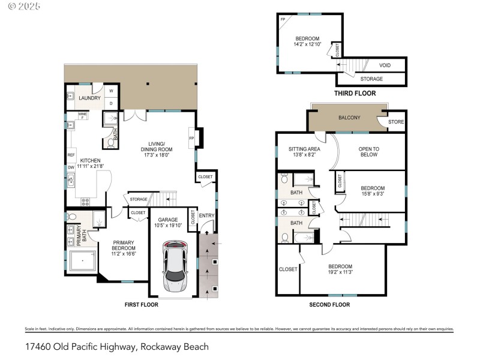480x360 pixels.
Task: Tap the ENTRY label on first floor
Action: pyautogui.click(x=206, y=215)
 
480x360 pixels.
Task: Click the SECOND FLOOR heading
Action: pyautogui.click(x=329, y=305)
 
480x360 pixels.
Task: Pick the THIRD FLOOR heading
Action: pyautogui.click(x=355, y=94)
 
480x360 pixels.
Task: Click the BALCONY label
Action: pyautogui.click(x=349, y=118)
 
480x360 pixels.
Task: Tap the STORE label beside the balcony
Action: pyautogui.click(x=396, y=122)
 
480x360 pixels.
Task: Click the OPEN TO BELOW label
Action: pyautogui.click(x=368, y=152)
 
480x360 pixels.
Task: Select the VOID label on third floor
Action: pyautogui.click(x=385, y=65)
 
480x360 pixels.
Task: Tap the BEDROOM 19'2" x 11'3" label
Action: pyautogui.click(x=340, y=269)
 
